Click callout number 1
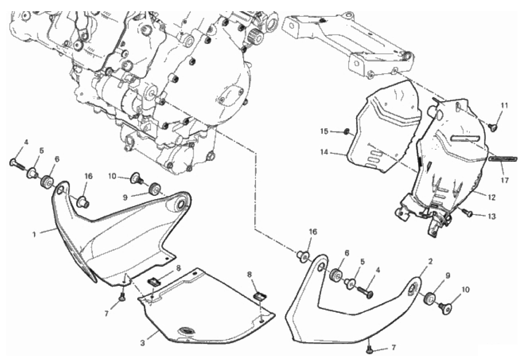(34, 235)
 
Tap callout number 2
(430, 262)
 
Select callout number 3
(143, 343)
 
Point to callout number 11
(504, 106)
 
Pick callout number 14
(324, 152)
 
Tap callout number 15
(324, 131)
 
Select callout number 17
(505, 180)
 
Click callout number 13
(492, 216)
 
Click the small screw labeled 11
(493, 127)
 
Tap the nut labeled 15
(346, 132)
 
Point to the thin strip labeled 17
(502, 159)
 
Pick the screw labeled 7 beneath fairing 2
(369, 348)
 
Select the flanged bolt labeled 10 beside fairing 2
(445, 308)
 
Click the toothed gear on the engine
(255, 34)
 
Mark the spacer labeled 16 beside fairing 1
(82, 201)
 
